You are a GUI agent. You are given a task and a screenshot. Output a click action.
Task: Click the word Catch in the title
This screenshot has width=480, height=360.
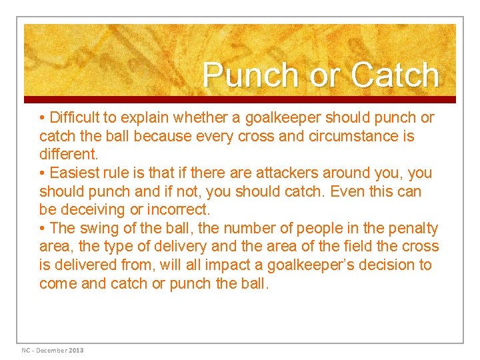[395, 75]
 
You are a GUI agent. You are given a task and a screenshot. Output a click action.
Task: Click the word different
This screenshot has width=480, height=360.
[67, 155]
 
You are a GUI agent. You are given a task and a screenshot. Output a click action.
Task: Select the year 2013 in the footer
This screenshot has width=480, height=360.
[75, 350]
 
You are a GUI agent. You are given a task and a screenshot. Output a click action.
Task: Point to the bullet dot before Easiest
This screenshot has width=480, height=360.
[43, 173]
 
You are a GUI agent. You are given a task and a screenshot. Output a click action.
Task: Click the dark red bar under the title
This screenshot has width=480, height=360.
[240, 99]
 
